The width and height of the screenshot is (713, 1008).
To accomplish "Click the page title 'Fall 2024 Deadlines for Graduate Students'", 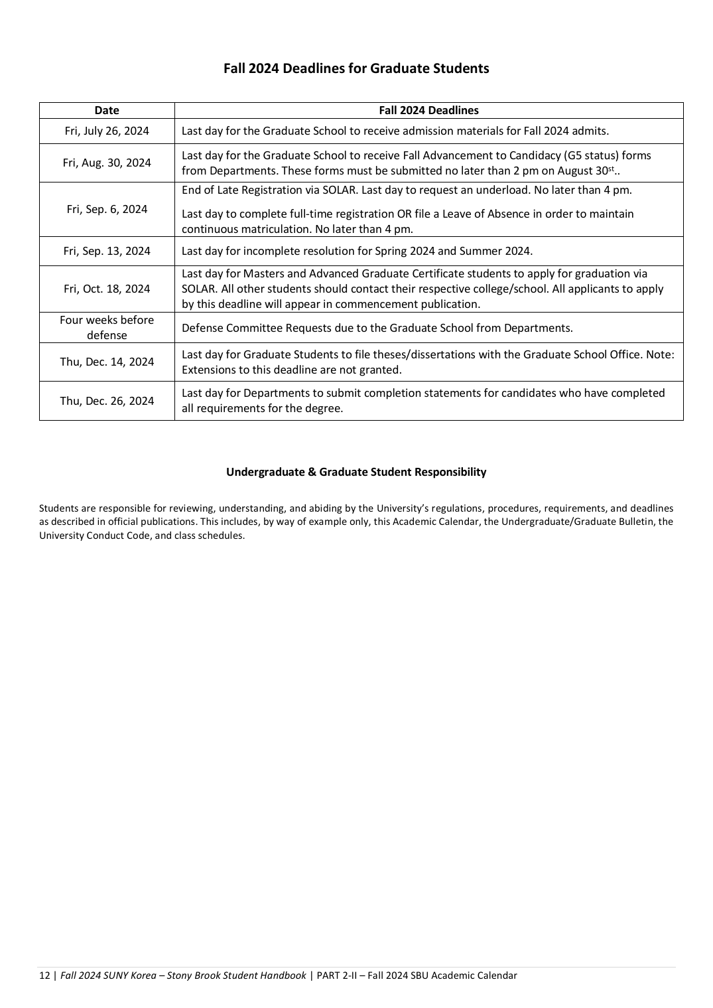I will (356, 68).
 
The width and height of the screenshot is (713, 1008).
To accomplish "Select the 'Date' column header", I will (107, 111).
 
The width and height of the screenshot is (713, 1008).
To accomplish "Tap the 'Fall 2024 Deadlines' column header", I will (428, 111).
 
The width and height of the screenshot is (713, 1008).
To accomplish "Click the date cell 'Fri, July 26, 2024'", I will (107, 131).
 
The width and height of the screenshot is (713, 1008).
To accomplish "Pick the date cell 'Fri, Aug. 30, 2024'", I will (107, 163).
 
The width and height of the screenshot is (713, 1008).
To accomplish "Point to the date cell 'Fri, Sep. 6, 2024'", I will (107, 209).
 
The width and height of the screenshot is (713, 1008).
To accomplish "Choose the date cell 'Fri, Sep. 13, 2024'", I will (107, 251).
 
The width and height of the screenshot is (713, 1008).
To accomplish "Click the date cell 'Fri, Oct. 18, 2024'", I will (107, 289).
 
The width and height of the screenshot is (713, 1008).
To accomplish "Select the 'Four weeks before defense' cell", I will (107, 327).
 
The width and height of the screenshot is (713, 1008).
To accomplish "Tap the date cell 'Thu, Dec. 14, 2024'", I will (107, 362).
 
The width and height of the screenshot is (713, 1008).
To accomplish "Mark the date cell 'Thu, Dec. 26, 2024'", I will (107, 401).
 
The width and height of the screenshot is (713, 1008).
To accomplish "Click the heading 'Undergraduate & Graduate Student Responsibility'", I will (356, 472).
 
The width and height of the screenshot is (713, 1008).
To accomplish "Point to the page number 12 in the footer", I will (44, 975).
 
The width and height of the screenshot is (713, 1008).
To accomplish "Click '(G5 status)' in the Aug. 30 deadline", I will (594, 155).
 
